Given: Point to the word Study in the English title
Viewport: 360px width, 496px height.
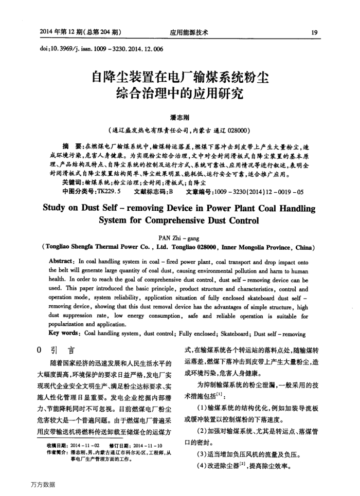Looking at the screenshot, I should (x=55, y=209).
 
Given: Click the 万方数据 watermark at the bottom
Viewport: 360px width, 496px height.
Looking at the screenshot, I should (x=43, y=484).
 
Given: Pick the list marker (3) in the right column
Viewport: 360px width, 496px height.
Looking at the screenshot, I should (x=201, y=455).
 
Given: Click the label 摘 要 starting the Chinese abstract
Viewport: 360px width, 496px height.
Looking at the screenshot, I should (x=73, y=145).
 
